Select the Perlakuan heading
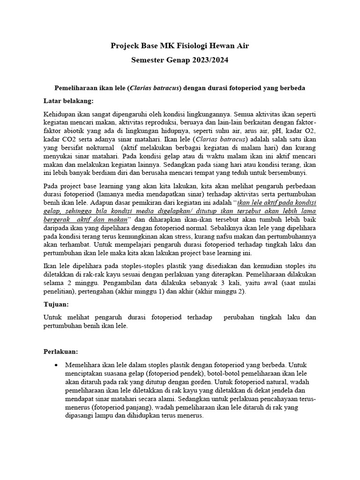tap(61, 351)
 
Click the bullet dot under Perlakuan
tap(57, 365)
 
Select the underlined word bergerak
tap(58, 219)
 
